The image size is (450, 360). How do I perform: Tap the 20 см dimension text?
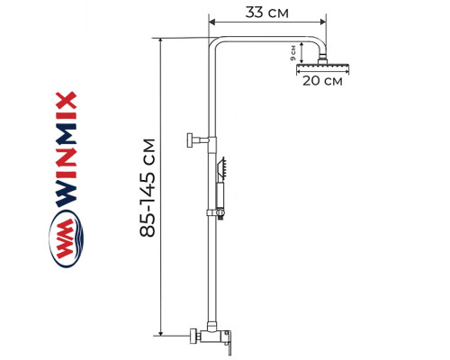click(x=322, y=82)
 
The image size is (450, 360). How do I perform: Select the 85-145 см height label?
click(x=149, y=188)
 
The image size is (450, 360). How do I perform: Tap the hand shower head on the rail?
click(x=222, y=168)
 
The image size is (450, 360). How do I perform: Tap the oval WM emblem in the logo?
click(x=65, y=242)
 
